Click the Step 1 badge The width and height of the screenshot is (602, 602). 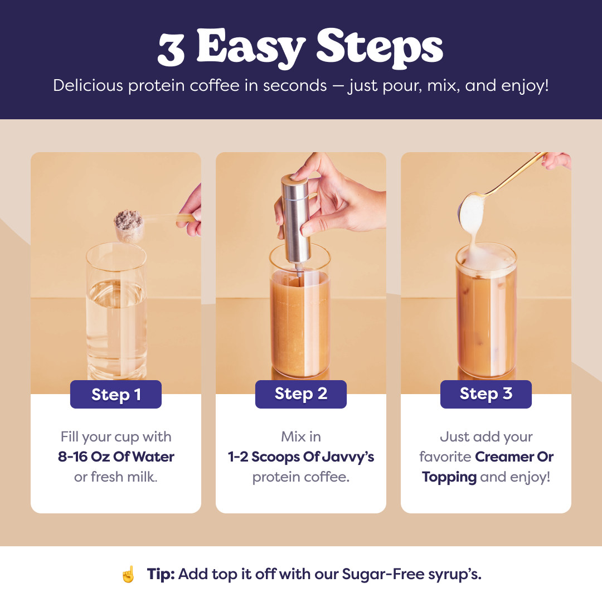coord(116,394)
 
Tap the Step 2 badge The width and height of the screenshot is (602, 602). coord(301,394)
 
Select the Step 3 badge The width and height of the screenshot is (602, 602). coord(486,394)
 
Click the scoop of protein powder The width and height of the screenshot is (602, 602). coord(129,225)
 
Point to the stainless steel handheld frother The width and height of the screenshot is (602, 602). coord(295,221)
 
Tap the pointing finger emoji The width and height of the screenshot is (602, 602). coord(128,574)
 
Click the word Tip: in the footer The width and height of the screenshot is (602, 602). coord(161,574)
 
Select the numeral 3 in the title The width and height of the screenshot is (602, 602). coord(171,49)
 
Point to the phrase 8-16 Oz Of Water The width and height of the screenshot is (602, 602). coord(116,457)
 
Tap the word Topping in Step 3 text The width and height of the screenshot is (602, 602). coord(449,477)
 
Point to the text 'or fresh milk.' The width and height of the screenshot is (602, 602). coord(116,477)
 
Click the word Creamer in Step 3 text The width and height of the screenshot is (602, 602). coord(504,457)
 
